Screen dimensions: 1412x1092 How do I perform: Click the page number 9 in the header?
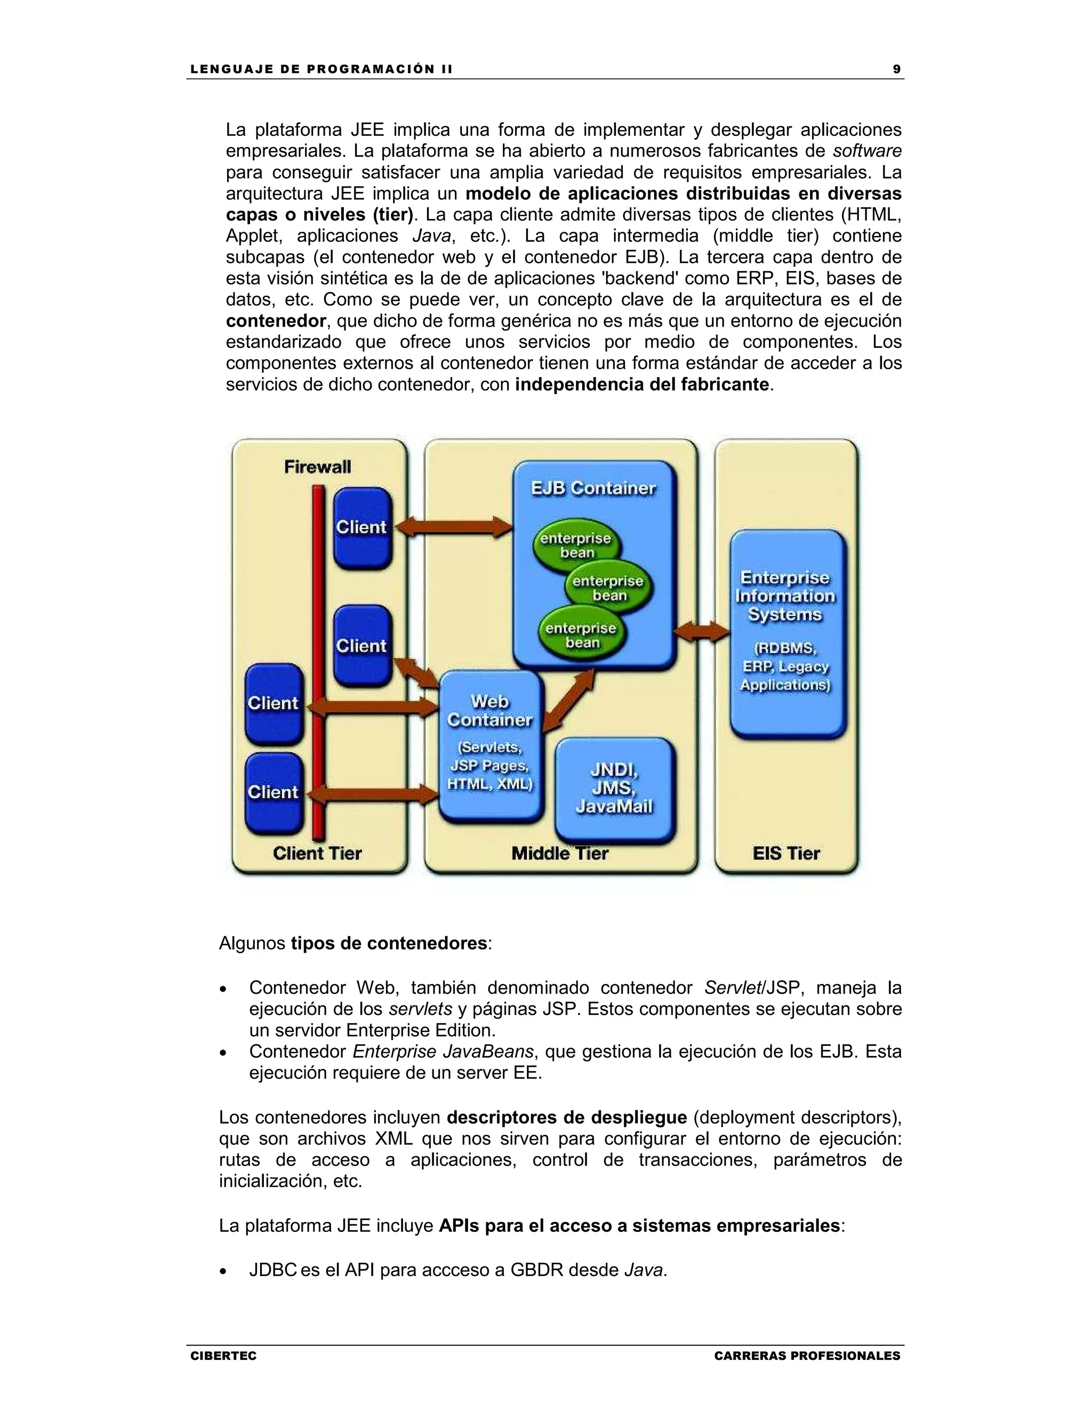[897, 69]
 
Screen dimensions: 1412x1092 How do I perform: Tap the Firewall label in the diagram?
[318, 466]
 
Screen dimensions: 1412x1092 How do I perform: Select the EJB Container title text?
[593, 488]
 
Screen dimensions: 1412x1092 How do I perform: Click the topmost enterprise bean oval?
[575, 545]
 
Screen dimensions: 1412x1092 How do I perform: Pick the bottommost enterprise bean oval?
[581, 635]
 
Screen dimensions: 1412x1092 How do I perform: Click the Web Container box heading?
[489, 710]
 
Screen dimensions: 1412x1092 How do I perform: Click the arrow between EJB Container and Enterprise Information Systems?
[701, 631]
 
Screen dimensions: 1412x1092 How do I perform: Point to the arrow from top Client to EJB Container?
[453, 527]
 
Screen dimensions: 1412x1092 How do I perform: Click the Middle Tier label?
[559, 854]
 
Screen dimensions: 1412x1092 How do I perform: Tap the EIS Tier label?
[785, 854]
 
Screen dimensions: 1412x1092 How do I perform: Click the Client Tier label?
[317, 854]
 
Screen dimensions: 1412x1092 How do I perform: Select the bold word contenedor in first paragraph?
[276, 321]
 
